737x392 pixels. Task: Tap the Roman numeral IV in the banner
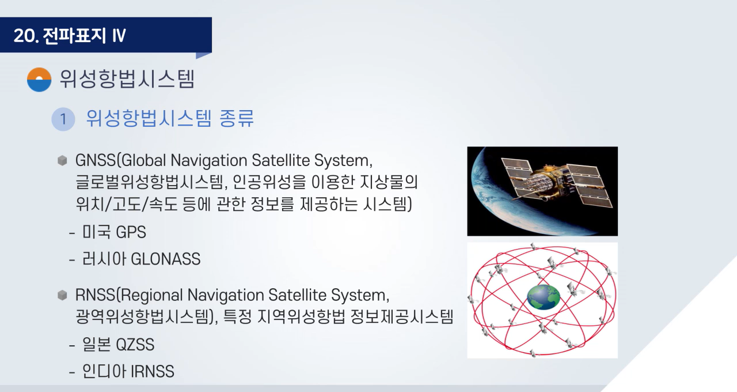(x=119, y=35)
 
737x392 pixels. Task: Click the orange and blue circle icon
(x=39, y=80)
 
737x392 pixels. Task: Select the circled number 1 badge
(x=63, y=119)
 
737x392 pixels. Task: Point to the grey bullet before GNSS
(x=62, y=160)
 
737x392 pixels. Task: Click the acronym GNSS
(x=96, y=160)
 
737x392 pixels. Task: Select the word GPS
(x=131, y=232)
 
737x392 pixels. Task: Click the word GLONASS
(x=165, y=259)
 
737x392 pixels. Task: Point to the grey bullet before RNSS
(x=62, y=295)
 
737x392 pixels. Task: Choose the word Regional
(x=151, y=295)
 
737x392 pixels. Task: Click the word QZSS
(x=135, y=345)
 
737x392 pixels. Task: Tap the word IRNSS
(x=153, y=371)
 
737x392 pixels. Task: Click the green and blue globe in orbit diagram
(x=543, y=297)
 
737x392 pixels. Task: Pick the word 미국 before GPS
(x=96, y=232)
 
